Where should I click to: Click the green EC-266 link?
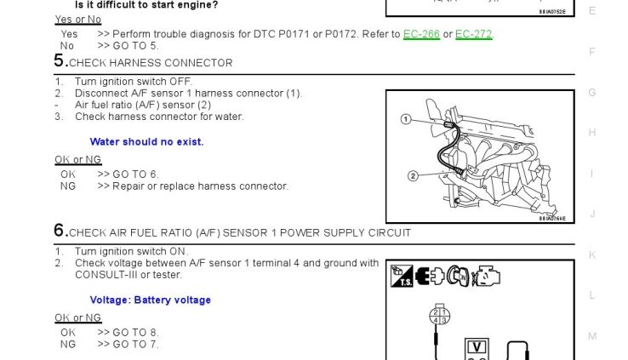(x=421, y=34)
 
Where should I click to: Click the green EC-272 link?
(x=473, y=34)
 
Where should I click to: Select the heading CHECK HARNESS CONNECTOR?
(x=151, y=63)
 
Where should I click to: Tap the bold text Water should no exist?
(x=146, y=142)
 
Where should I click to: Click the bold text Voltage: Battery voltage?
(x=150, y=300)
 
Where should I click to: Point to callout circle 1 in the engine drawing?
(x=407, y=119)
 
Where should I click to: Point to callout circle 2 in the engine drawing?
(x=413, y=176)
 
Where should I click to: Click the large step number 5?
(x=60, y=61)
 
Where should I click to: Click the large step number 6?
(x=60, y=231)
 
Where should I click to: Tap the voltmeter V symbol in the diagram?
(x=478, y=347)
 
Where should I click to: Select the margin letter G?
(x=592, y=92)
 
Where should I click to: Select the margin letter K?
(x=592, y=254)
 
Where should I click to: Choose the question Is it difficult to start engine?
(x=146, y=5)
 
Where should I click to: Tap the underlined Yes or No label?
(x=77, y=20)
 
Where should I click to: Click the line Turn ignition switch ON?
(x=131, y=252)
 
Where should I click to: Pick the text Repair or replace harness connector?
(x=201, y=186)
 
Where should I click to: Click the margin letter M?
(x=592, y=336)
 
